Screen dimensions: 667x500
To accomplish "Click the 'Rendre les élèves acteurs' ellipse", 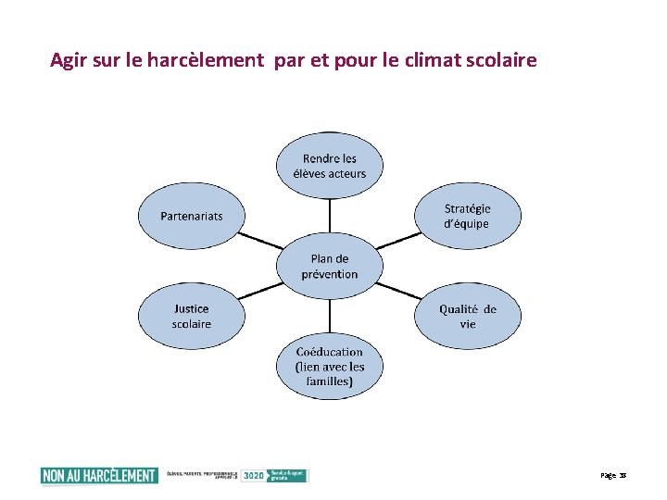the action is pos(330,166).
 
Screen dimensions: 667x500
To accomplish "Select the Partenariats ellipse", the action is pos(191,217).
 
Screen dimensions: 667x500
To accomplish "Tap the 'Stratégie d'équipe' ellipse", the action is pos(467,217).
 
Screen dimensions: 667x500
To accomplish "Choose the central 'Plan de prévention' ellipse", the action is pos(330,267).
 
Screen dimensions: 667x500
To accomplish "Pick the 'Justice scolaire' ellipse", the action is pos(191,317).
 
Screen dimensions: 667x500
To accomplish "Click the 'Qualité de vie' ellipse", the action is pos(467,317).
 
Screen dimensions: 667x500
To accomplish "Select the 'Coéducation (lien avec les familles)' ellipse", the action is pos(330,367).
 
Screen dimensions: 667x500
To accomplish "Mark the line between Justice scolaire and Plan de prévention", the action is pos(260,292).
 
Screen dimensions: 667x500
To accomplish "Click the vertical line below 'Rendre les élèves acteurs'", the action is pos(330,220).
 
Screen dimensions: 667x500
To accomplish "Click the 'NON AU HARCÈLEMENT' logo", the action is pos(99,475).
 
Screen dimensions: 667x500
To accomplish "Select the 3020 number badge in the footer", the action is pos(253,475).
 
